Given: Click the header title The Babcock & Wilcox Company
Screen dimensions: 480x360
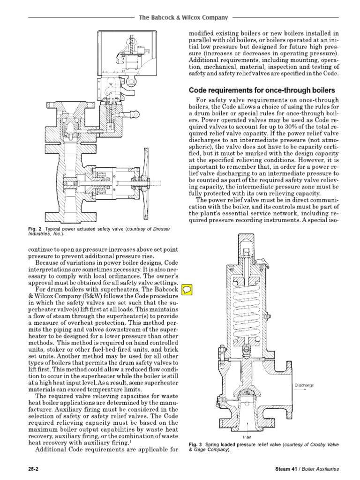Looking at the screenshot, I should click(183, 17).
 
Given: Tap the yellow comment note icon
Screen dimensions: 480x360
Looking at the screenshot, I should click(186, 289).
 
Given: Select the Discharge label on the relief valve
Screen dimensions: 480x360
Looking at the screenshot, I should click(304, 385).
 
